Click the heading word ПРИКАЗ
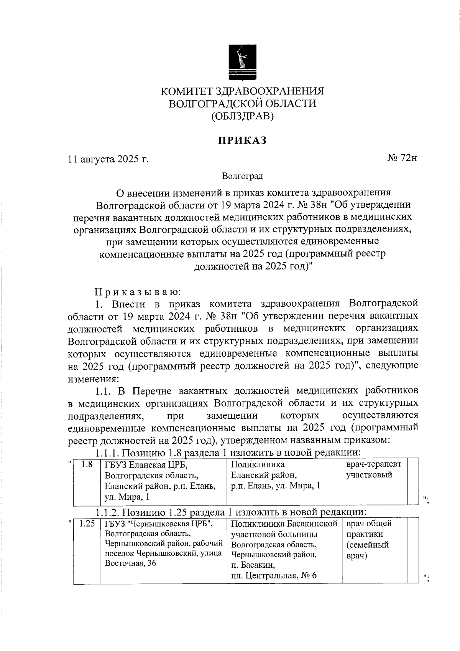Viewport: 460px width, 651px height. (x=242, y=141)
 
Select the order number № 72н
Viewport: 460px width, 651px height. (x=402, y=158)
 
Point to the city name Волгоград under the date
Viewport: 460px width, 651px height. (x=242, y=176)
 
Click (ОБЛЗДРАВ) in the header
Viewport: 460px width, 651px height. (x=242, y=116)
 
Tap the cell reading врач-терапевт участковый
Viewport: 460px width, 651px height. (x=374, y=469)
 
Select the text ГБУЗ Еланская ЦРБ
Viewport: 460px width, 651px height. (x=146, y=465)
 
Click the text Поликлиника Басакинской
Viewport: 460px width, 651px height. (x=284, y=524)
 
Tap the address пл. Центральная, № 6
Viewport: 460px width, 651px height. (x=274, y=576)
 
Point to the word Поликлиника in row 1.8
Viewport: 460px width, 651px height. (x=258, y=464)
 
